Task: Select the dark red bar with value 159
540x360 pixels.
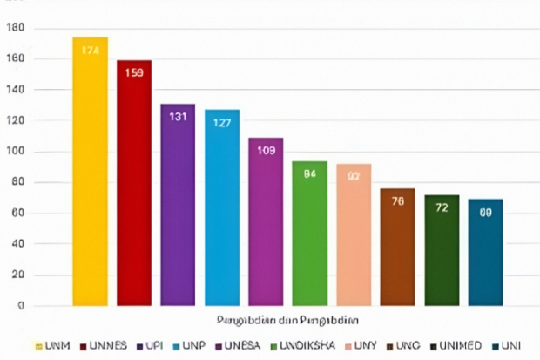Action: click(x=134, y=183)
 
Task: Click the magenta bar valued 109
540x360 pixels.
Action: click(x=266, y=221)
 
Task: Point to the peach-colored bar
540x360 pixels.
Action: click(x=354, y=234)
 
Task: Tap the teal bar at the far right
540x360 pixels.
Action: click(x=485, y=252)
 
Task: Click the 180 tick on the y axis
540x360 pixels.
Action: click(x=16, y=29)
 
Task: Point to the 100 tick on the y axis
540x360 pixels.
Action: click(x=16, y=152)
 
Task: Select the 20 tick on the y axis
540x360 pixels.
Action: click(x=18, y=275)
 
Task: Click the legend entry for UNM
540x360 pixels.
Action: click(x=52, y=345)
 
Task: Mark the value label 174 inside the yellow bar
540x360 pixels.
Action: click(x=90, y=51)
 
